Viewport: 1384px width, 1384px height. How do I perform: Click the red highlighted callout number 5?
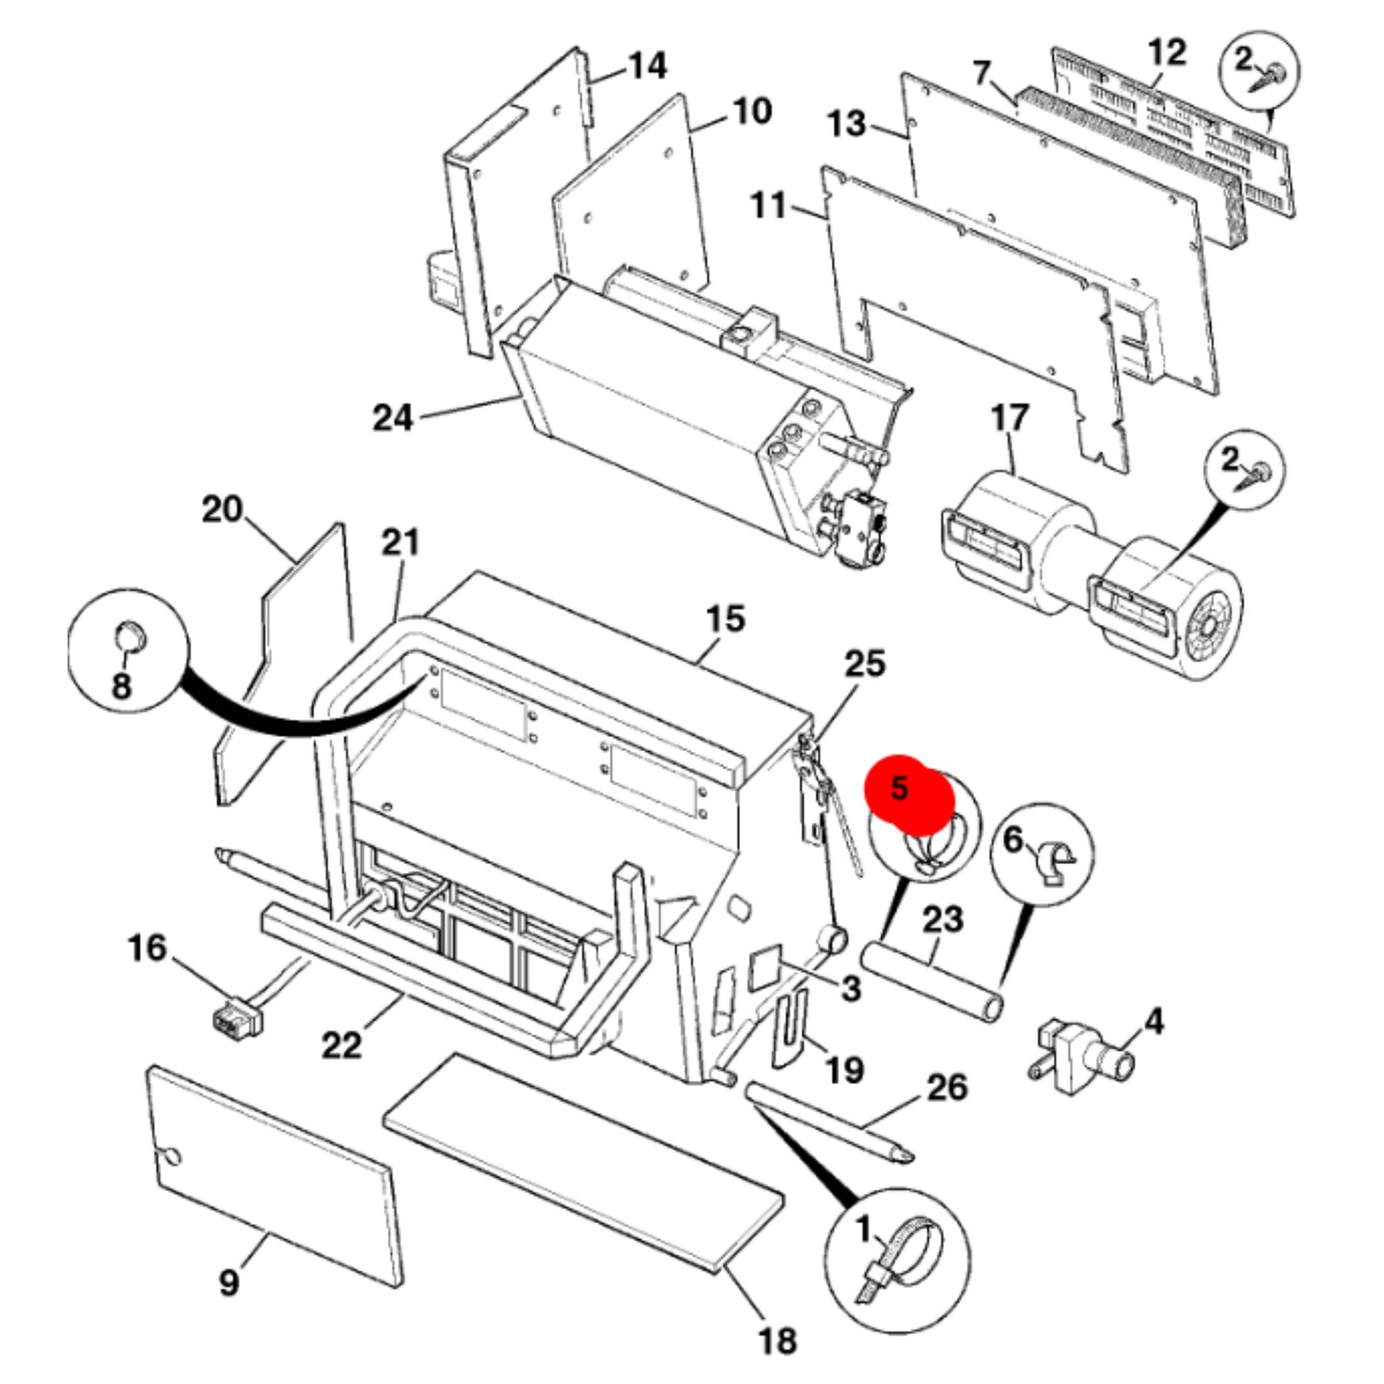point(899,788)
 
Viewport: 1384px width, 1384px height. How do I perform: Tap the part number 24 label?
point(393,418)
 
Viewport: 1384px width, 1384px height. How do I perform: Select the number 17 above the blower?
point(1010,418)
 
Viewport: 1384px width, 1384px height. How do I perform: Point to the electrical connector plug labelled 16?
point(234,1017)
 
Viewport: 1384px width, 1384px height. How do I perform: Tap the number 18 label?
point(777,1340)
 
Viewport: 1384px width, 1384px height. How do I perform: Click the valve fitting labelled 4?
point(1083,1064)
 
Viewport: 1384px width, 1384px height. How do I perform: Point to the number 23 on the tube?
point(943,920)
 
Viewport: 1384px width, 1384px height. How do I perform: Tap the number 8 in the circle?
point(122,686)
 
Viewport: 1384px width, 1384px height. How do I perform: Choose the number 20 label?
point(222,510)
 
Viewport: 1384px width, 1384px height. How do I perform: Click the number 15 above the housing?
point(725,619)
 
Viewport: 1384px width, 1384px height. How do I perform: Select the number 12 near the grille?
point(1167,53)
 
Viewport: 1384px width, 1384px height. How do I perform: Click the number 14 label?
point(647,66)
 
